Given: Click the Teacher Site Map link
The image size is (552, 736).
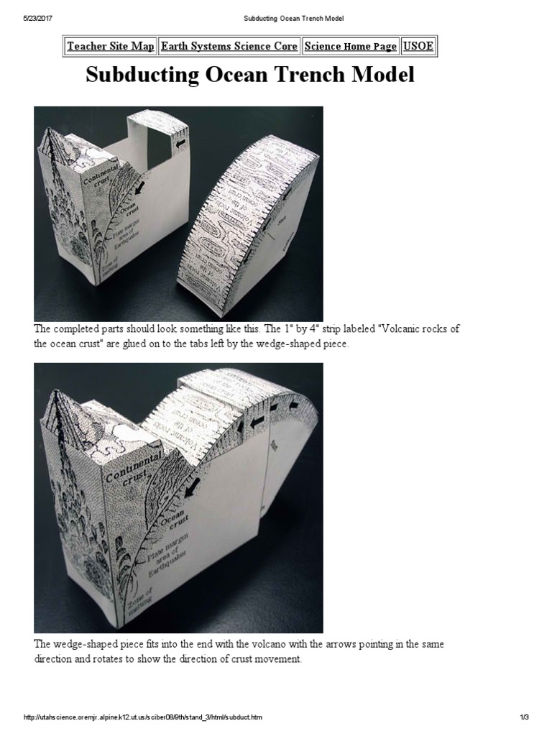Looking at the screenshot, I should pos(110,46).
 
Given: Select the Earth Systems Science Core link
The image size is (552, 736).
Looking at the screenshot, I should pos(229,46).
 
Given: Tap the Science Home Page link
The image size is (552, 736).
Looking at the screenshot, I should pos(350,46).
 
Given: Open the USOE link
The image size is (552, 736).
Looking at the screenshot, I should pos(418,46).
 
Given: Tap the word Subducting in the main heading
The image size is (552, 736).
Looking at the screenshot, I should pos(139,75).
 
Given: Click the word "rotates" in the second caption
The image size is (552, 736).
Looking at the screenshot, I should pos(121,659).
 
